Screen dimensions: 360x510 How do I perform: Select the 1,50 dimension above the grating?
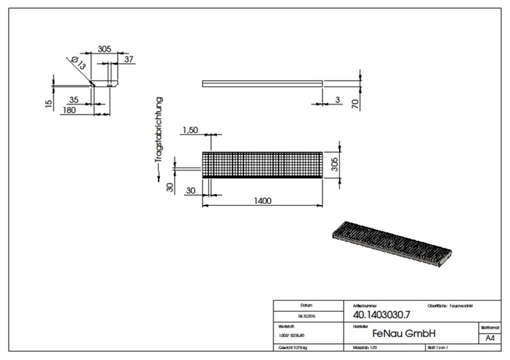[189, 131]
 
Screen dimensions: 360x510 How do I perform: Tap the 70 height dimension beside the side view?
[355, 105]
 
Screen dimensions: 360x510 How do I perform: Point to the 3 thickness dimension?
[338, 100]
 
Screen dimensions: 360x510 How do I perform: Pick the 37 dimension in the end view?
[129, 60]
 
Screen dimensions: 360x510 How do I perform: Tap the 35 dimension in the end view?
[74, 100]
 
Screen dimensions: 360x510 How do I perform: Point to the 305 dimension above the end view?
[104, 49]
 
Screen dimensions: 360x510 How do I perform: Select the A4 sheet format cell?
[489, 338]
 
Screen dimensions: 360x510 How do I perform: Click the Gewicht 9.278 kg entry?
[293, 347]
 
